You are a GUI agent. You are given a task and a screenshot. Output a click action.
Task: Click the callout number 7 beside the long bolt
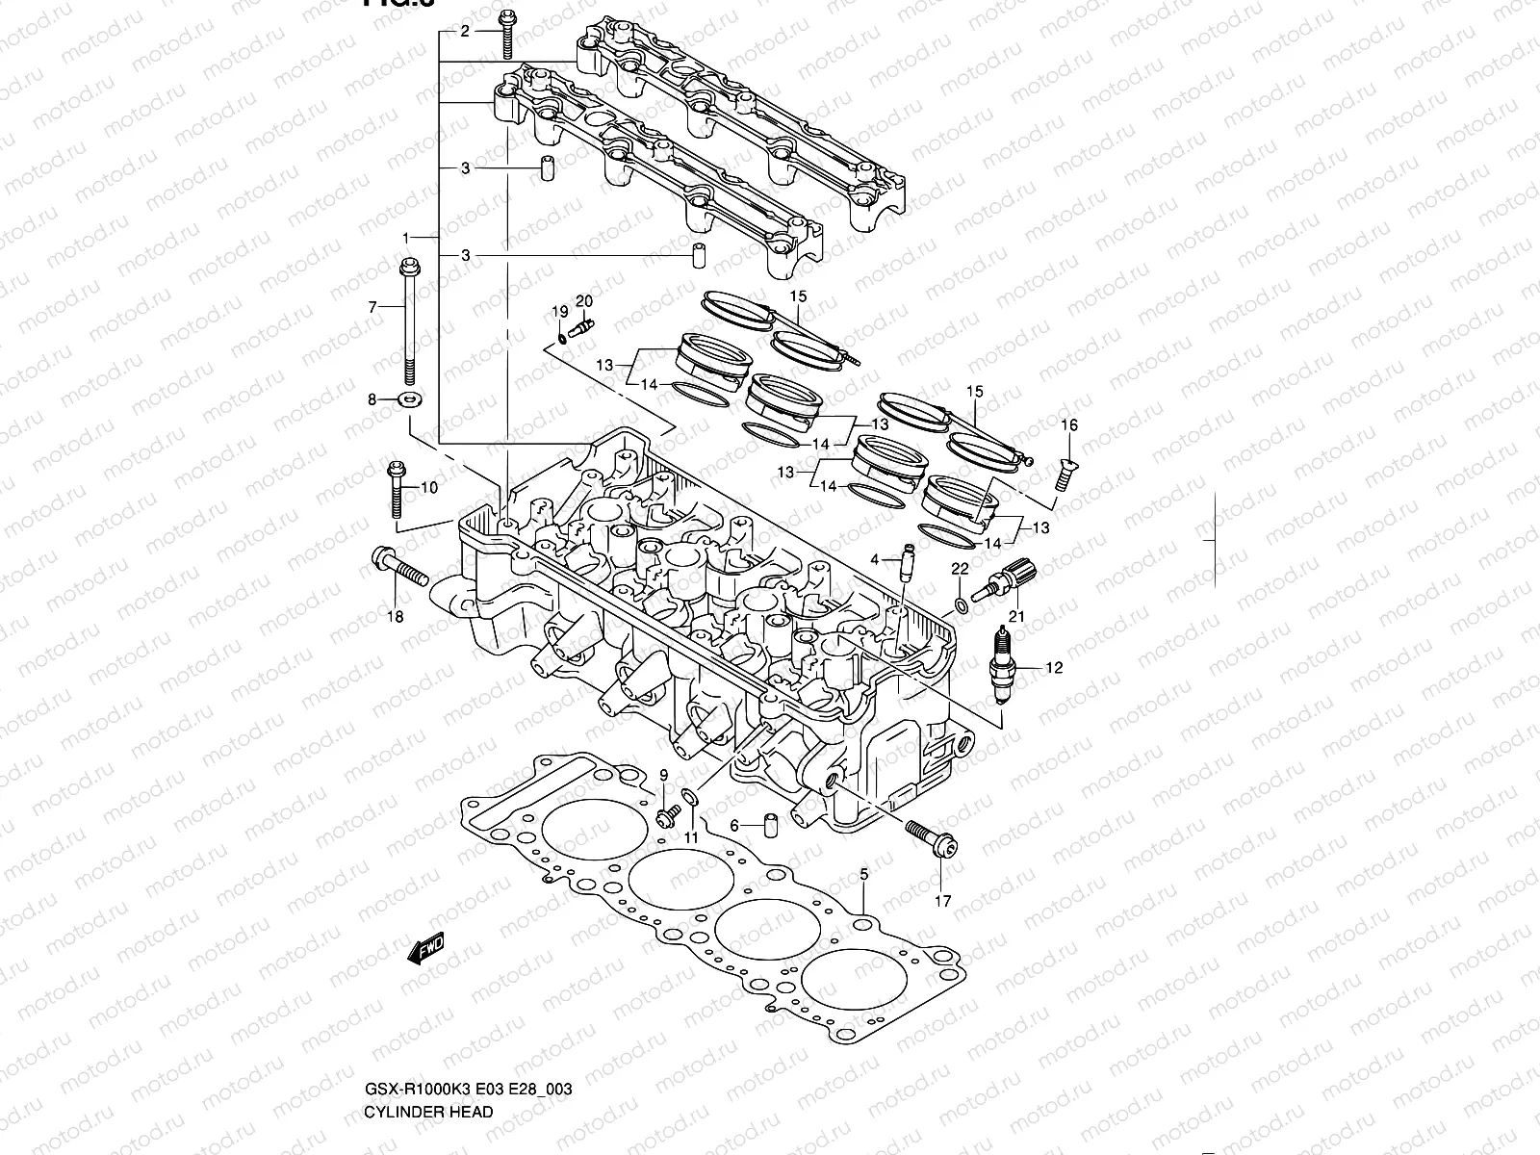372,307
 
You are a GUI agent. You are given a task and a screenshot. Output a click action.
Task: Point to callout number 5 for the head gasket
863,874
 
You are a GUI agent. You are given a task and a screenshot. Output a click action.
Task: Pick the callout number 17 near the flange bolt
942,901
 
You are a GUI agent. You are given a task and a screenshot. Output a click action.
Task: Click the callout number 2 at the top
465,32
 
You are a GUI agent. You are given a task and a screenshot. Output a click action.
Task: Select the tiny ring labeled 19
561,338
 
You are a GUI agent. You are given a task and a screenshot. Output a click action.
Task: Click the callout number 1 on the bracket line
407,237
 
